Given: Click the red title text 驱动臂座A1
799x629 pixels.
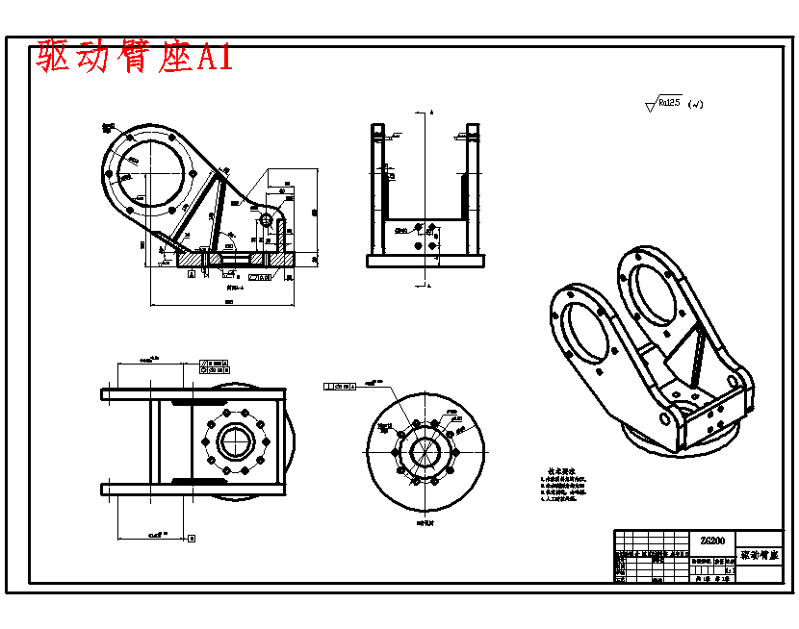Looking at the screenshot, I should (135, 58).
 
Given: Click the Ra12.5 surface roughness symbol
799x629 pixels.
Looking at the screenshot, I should (668, 102).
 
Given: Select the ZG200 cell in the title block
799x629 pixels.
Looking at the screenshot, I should (713, 541).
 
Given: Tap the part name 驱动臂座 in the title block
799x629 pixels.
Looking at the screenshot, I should (760, 556).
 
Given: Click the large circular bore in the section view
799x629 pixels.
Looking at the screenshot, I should (153, 169).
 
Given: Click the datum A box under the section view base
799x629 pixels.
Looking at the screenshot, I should (192, 275).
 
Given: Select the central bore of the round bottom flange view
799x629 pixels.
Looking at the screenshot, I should (425, 450).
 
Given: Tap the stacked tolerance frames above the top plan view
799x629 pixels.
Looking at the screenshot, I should (214, 365).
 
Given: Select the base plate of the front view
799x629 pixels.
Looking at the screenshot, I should (425, 261).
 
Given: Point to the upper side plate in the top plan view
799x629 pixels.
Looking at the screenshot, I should (193, 394).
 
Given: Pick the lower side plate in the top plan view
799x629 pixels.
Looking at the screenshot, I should (193, 489).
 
